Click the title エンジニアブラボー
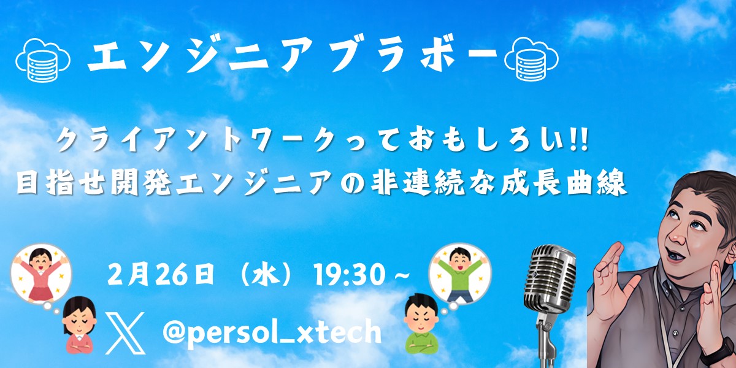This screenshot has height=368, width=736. pos(291,57)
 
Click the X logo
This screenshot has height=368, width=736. pos(125,333)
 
